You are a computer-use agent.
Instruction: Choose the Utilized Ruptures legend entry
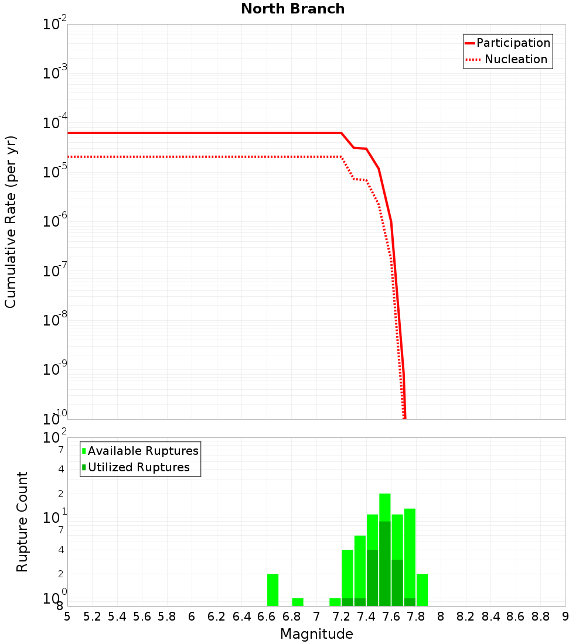coord(138,467)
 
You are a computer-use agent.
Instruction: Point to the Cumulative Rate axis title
coord(11,221)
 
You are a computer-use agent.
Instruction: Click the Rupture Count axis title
coord(22,521)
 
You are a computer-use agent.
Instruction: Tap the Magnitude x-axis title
coord(316,634)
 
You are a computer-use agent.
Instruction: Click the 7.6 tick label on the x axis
coord(391,616)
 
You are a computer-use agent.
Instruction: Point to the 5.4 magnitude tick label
coord(117,616)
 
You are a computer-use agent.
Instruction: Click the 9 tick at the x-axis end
coord(565,616)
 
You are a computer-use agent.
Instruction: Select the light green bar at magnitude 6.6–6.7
coord(272,590)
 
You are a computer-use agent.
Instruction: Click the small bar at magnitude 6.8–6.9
coord(298,602)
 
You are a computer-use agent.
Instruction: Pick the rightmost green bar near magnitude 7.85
coord(422,590)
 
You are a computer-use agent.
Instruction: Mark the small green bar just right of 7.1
coord(335,602)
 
